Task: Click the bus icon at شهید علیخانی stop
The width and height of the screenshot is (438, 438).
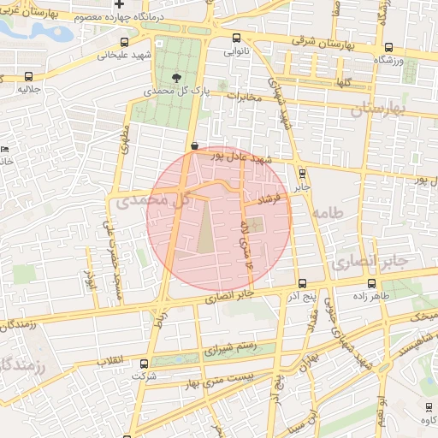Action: click(126, 42)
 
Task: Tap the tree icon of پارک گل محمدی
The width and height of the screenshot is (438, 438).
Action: click(176, 76)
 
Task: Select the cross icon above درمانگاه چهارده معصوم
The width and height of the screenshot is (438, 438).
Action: click(128, 5)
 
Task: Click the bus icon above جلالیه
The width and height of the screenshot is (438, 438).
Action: click(31, 76)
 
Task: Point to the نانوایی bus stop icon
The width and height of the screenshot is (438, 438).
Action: click(237, 38)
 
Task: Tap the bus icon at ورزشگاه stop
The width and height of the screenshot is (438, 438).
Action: click(389, 49)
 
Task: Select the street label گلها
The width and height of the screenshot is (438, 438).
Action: click(345, 82)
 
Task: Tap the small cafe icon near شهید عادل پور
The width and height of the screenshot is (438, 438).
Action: click(195, 146)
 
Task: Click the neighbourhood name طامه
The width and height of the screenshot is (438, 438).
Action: click(328, 211)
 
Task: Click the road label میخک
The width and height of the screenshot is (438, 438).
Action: click(424, 317)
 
